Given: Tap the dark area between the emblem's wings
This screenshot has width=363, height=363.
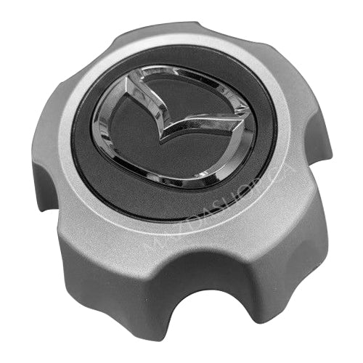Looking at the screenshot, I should click(x=178, y=102).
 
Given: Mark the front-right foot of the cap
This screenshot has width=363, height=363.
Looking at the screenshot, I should click(x=280, y=290).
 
